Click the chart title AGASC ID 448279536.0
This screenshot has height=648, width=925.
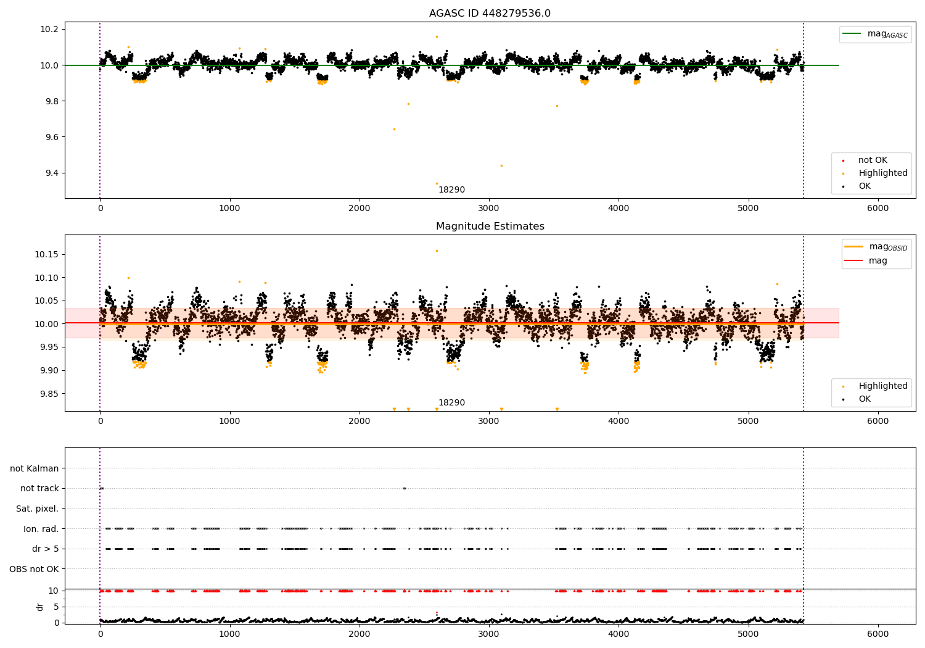[x=490, y=14]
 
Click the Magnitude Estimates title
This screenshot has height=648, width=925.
[x=490, y=226]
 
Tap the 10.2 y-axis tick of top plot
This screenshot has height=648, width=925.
[x=49, y=30]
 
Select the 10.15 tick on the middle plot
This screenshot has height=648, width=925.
[x=46, y=255]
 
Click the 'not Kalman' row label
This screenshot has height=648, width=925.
[x=35, y=469]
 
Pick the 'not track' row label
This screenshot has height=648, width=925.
[x=39, y=489]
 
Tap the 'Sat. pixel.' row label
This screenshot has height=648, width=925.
[x=37, y=509]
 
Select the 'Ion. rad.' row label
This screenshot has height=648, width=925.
[x=41, y=529]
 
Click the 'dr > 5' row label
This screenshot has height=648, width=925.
[x=45, y=549]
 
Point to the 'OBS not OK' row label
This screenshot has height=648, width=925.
[x=34, y=569]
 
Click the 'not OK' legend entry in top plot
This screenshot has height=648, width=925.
[x=873, y=160]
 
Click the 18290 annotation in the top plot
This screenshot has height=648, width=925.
[x=451, y=190]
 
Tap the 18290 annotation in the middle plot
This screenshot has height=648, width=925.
[x=451, y=403]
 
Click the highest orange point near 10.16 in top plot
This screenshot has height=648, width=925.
[x=437, y=36]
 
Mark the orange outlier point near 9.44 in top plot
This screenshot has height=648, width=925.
[x=501, y=165]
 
